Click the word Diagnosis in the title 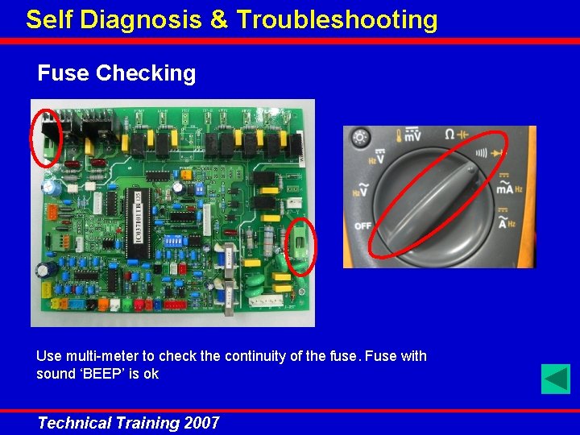(x=137, y=19)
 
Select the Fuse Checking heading (x=117, y=73)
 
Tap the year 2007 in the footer (x=201, y=423)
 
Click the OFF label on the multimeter (x=362, y=226)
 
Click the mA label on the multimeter (x=505, y=188)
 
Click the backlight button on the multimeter (x=360, y=138)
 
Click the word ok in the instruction (x=151, y=374)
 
